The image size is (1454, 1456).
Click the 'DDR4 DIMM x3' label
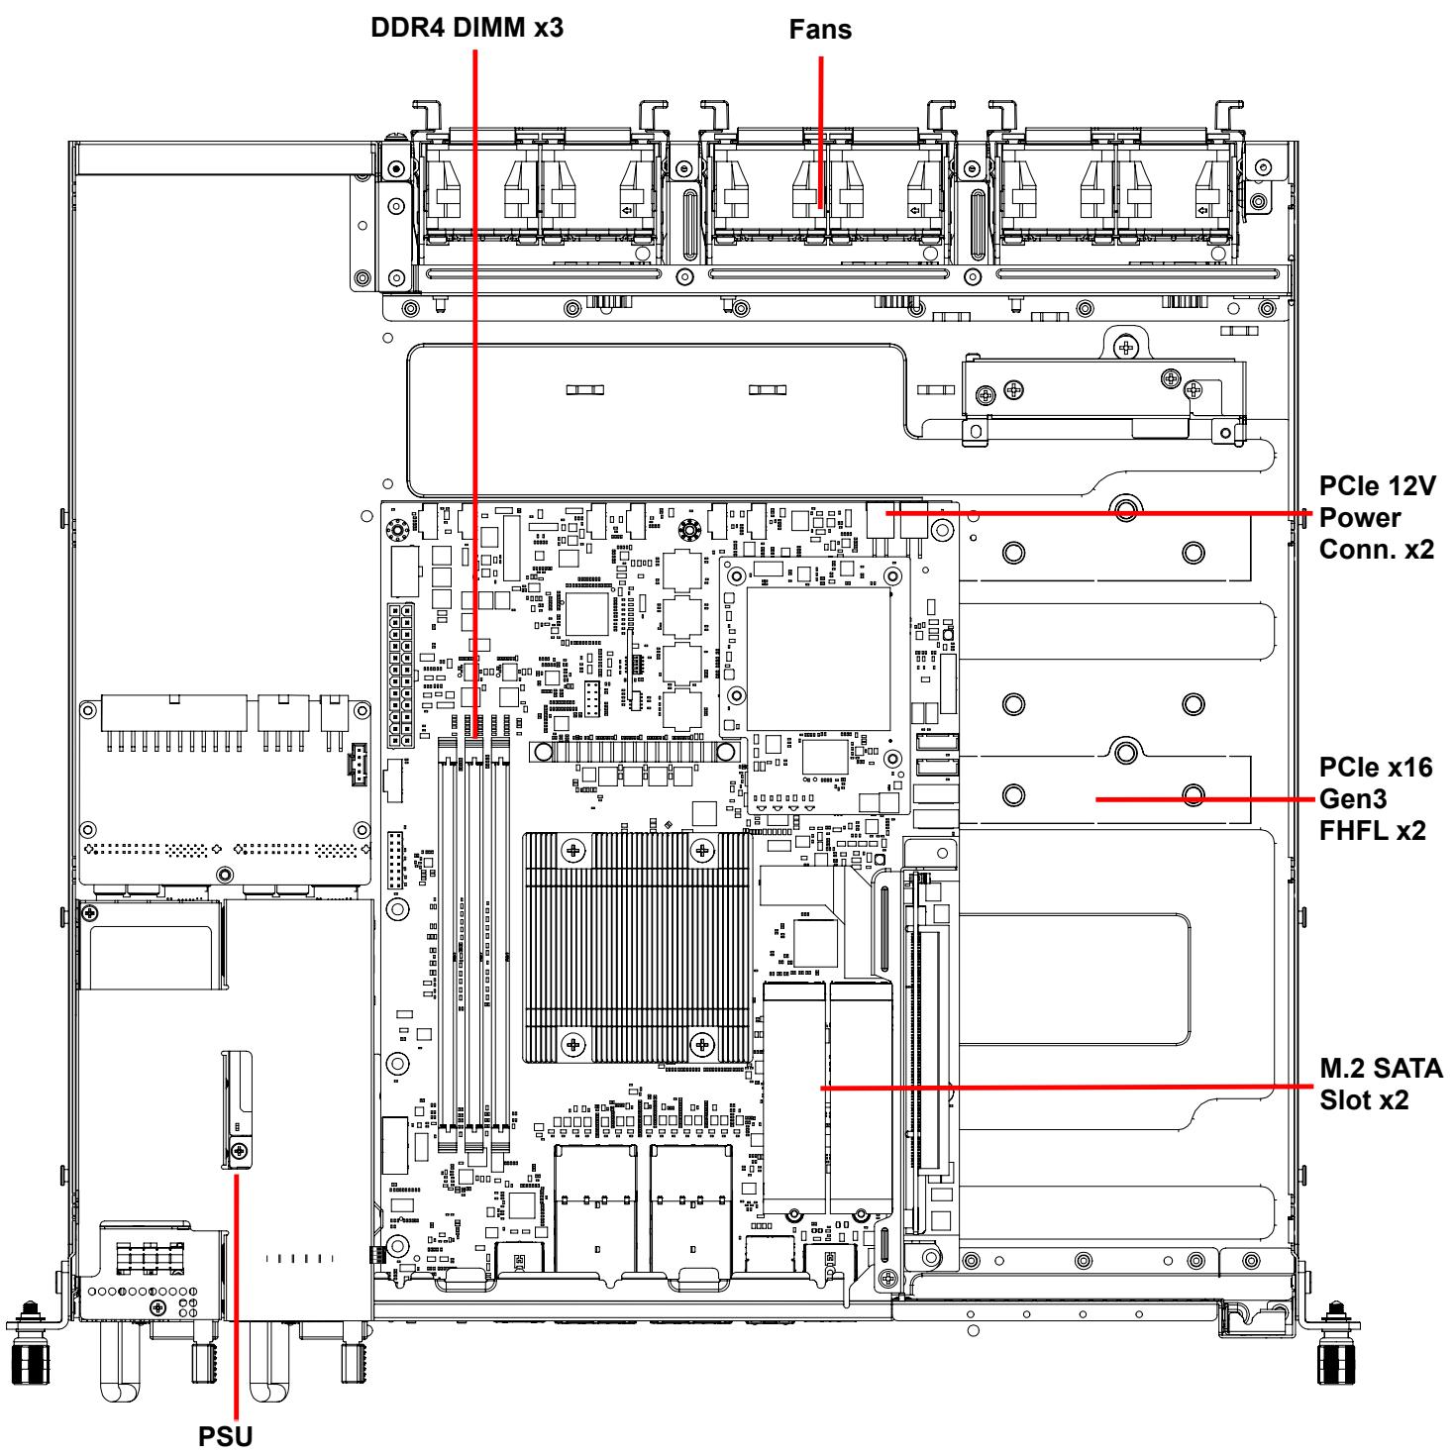click(x=467, y=27)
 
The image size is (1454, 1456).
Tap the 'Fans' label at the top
click(x=820, y=30)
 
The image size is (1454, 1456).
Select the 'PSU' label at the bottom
click(x=225, y=1436)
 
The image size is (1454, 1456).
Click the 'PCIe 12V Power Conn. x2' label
click(x=1377, y=518)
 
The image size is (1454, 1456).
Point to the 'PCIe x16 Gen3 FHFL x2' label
click(x=1376, y=798)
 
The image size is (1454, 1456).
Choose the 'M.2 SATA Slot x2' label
click(x=1381, y=1084)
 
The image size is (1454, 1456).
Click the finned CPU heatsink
click(x=637, y=948)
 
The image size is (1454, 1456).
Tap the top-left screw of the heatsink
click(x=573, y=852)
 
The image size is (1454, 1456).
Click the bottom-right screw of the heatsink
click(x=702, y=1045)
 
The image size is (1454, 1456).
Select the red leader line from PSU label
click(x=236, y=1297)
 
